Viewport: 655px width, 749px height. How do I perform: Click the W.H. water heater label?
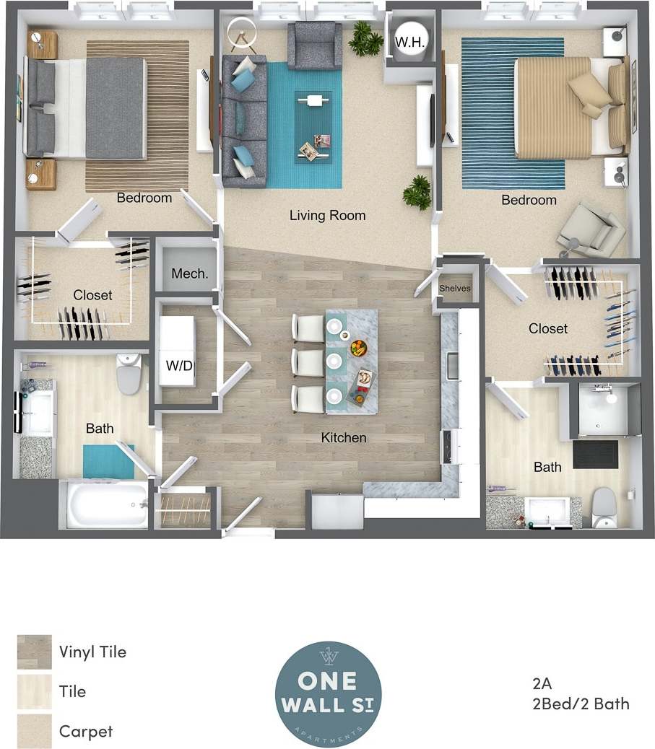pyautogui.click(x=408, y=42)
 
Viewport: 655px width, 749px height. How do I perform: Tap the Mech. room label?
pyautogui.click(x=190, y=273)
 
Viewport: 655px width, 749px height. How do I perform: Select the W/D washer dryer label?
pyautogui.click(x=179, y=365)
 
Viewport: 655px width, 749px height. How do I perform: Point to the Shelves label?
pyautogui.click(x=455, y=289)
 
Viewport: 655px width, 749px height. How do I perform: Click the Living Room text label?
pyautogui.click(x=327, y=215)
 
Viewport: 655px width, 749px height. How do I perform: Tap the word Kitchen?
pyautogui.click(x=344, y=437)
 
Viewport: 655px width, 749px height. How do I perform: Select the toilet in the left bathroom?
pyautogui.click(x=130, y=373)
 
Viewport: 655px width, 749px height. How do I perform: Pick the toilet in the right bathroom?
pyautogui.click(x=603, y=507)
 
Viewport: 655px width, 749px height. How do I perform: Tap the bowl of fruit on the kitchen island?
pyautogui.click(x=357, y=348)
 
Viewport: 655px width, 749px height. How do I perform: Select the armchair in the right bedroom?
pyautogui.click(x=593, y=227)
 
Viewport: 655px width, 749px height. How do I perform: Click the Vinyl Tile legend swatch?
pyautogui.click(x=35, y=652)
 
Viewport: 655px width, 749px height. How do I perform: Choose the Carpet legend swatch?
pyautogui.click(x=35, y=731)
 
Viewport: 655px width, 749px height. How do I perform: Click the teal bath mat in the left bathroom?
pyautogui.click(x=108, y=461)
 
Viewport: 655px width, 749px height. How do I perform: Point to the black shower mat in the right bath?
pyautogui.click(x=596, y=454)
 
